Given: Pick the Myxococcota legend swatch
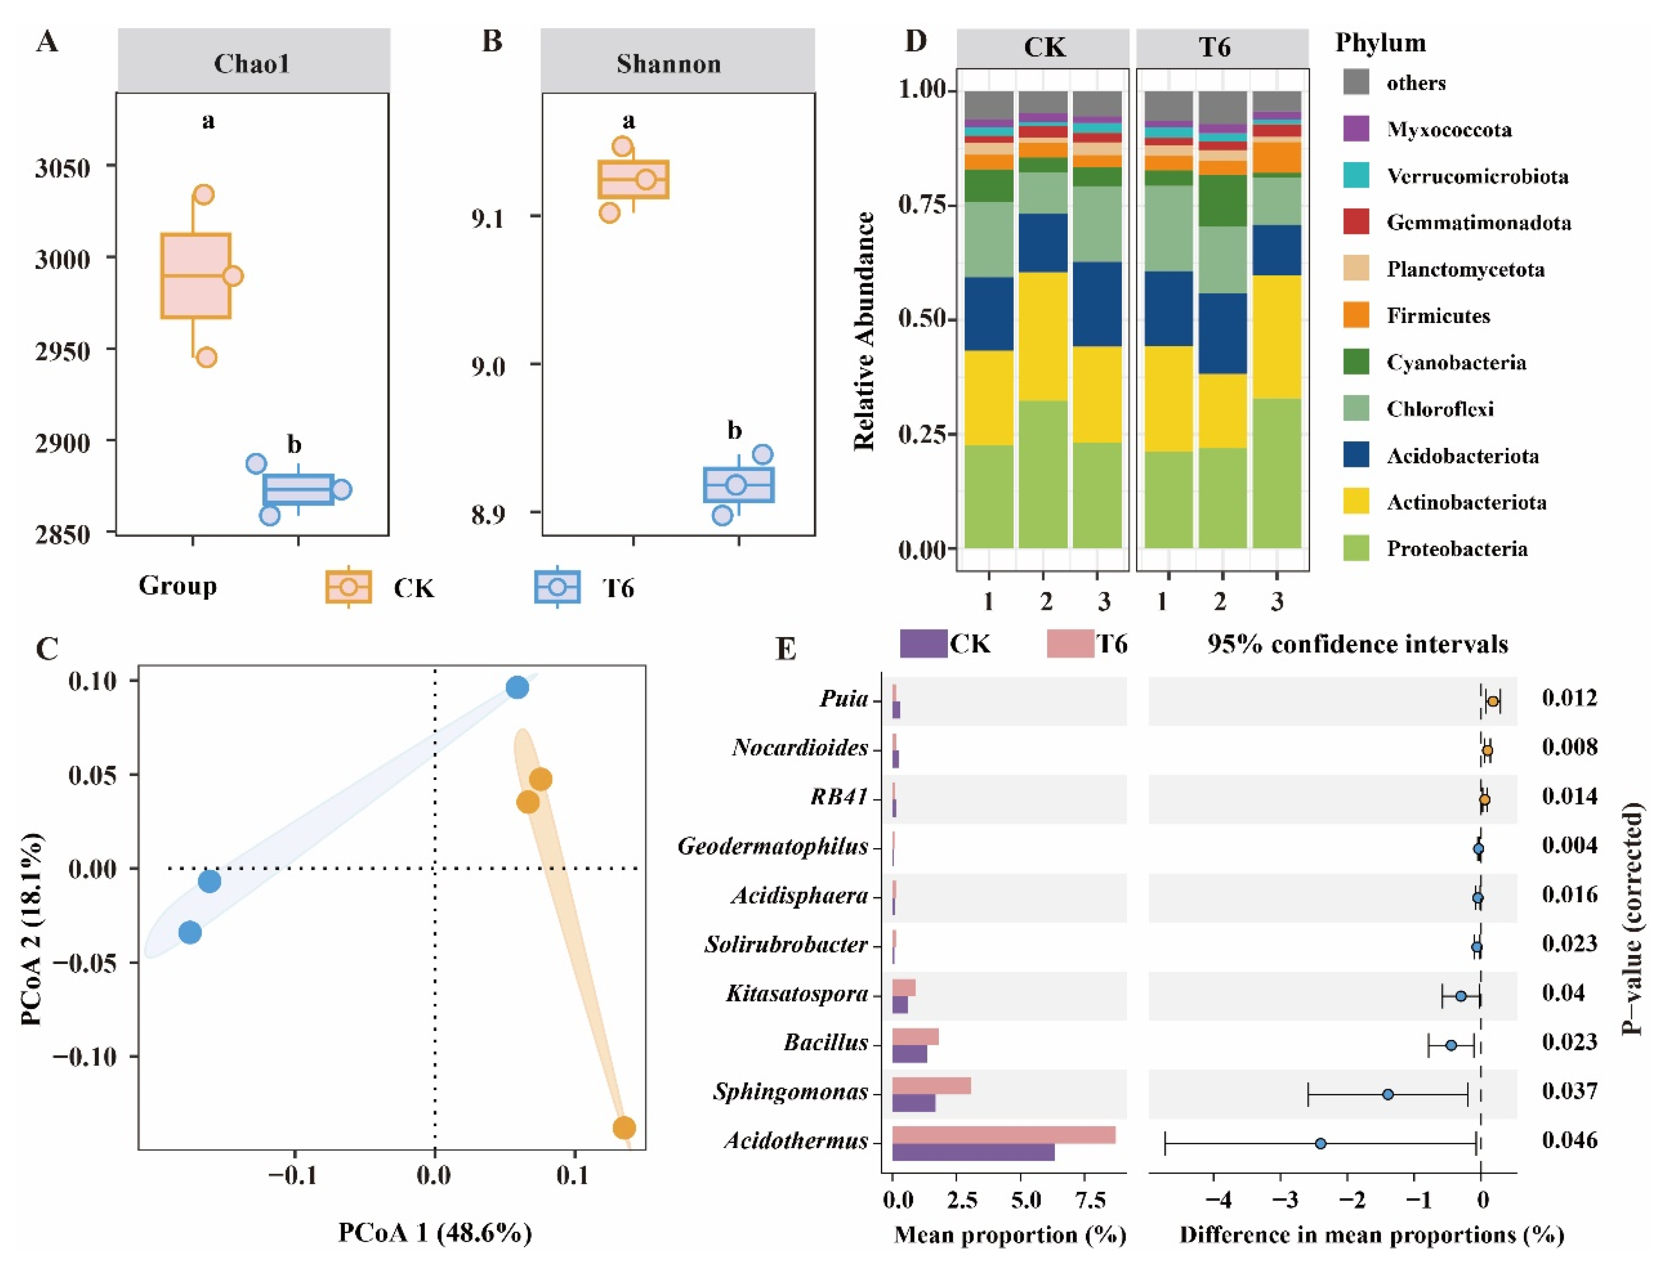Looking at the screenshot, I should [1355, 129].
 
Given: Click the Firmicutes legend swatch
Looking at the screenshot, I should [1355, 315].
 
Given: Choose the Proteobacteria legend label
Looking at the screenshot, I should [1456, 548].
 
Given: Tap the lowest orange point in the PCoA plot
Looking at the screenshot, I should [623, 1128].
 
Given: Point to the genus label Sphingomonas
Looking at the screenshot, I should [790, 1091].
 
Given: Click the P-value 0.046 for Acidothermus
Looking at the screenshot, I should [1569, 1140].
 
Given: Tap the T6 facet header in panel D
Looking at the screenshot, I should [1214, 48].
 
